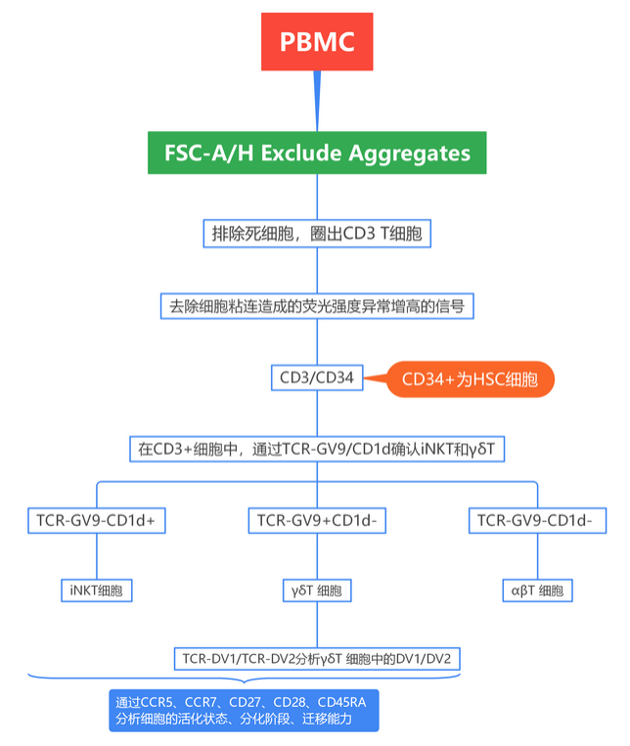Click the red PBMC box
[316, 42]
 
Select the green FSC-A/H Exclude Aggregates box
[316, 154]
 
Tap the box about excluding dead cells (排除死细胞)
[316, 234]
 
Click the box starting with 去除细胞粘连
[316, 306]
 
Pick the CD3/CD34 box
[316, 377]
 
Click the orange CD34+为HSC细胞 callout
[471, 379]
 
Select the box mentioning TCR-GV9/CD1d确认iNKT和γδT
[316, 449]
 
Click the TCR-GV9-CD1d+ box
[97, 520]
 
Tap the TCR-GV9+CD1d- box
[316, 520]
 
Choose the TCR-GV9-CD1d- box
[535, 520]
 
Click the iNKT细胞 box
[97, 591]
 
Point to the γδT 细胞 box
[316, 591]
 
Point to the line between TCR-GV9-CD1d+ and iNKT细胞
[97, 556]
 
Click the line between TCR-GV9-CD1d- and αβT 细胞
[535, 556]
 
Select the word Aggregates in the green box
[412, 154]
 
